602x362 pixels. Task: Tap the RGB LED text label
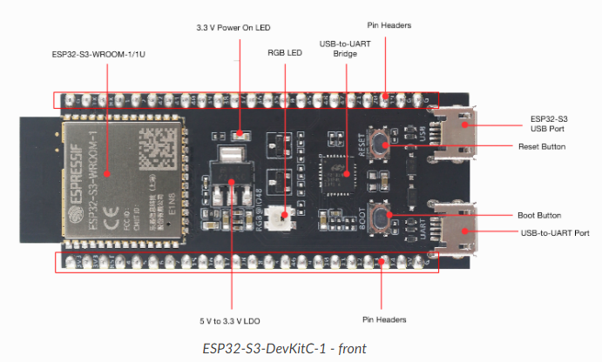point(282,52)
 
